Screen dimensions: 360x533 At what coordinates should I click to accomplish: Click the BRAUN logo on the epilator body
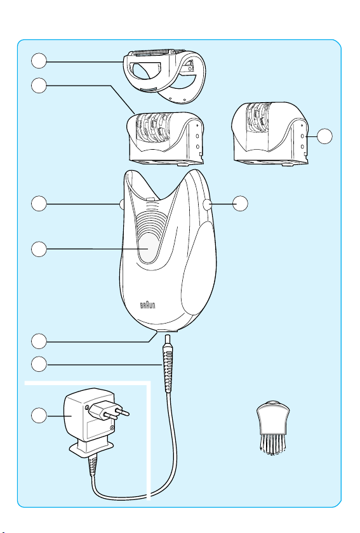(x=148, y=305)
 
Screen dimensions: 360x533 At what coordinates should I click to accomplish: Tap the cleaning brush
(x=273, y=427)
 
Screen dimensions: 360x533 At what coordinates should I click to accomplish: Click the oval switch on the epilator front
(x=149, y=249)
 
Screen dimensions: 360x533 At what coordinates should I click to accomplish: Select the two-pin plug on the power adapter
(x=108, y=411)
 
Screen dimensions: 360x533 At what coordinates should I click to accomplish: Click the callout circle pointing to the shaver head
(x=39, y=61)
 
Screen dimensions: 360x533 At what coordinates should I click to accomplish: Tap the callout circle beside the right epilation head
(x=324, y=136)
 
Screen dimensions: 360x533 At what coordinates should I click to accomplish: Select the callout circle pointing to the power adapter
(x=39, y=416)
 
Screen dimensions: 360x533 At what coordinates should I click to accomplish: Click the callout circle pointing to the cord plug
(x=39, y=364)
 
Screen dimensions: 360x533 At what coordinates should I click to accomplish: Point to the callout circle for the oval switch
(x=39, y=249)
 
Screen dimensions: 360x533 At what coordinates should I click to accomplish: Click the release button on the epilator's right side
(x=206, y=204)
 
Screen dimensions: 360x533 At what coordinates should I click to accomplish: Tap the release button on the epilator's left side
(x=122, y=204)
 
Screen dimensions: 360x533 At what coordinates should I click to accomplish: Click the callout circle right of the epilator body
(x=240, y=203)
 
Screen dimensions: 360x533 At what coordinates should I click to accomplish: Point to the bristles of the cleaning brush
(x=272, y=444)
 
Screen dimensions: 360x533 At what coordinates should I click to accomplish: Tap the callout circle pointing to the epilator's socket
(x=39, y=341)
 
